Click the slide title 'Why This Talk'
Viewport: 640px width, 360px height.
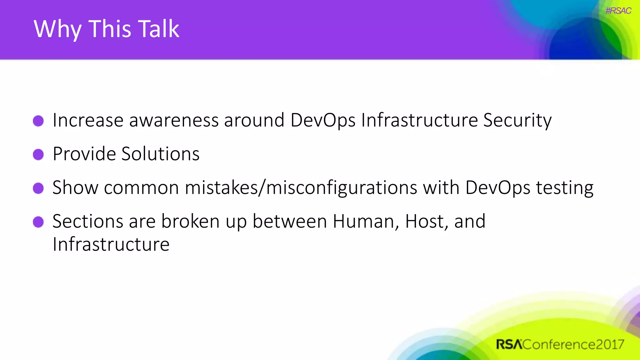(x=106, y=29)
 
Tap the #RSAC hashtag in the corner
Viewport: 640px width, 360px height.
(x=618, y=11)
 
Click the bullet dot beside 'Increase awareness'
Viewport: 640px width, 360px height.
(x=38, y=121)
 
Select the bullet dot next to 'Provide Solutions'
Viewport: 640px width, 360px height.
(x=38, y=154)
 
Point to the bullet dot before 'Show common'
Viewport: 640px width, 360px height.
(x=38, y=188)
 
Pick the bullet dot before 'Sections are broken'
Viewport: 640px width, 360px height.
(x=38, y=222)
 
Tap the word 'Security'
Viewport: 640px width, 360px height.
(x=517, y=120)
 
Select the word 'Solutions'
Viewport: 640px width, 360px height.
(x=160, y=154)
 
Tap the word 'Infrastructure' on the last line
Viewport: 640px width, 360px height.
(x=111, y=244)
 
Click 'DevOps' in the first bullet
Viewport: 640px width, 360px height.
(x=323, y=120)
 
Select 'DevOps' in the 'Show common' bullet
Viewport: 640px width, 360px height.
(x=497, y=188)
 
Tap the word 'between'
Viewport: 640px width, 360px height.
(x=290, y=222)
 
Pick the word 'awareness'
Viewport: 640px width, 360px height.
(x=174, y=120)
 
